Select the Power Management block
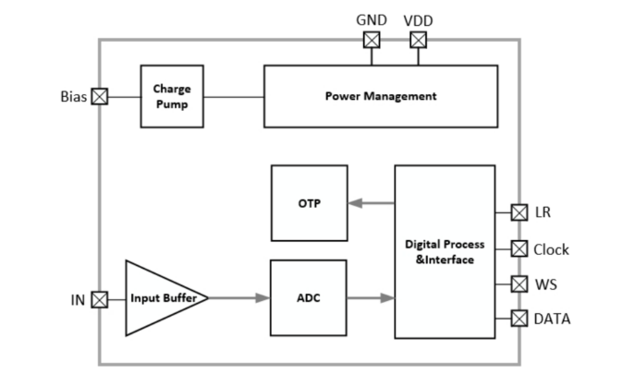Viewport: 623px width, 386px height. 380,96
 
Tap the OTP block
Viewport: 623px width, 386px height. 309,203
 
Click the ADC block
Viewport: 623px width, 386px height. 309,298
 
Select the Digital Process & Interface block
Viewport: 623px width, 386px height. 445,251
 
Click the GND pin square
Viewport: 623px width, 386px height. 372,40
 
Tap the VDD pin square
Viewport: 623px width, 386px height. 418,40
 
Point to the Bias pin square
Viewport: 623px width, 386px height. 100,96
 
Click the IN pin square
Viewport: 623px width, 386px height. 100,298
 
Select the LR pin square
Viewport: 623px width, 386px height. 519,212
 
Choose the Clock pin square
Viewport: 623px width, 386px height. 519,248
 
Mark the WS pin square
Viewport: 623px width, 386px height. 519,283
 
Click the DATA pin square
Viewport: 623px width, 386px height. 519,319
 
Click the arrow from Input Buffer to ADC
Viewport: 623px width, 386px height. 239,298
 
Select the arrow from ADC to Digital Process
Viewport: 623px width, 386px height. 371,298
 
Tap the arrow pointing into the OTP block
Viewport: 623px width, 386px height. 371,203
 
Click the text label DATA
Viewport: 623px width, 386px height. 552,320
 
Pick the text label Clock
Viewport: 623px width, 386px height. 552,249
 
